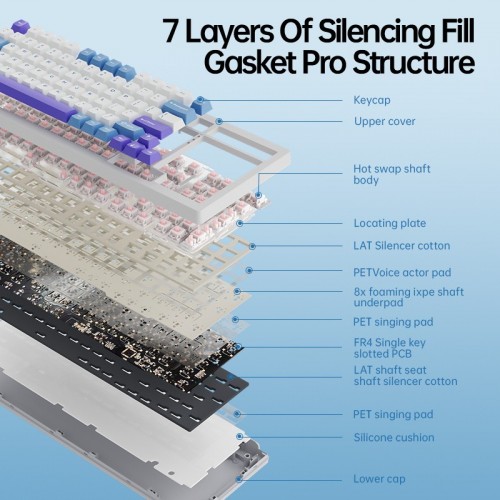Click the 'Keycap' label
[372, 100]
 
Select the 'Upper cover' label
[385, 121]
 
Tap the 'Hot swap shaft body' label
[392, 174]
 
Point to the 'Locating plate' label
[390, 223]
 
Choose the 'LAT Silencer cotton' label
[402, 246]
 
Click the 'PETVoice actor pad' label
[402, 273]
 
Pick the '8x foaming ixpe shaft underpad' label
[409, 297]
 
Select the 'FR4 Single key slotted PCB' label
[389, 348]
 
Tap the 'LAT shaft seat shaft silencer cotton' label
[405, 376]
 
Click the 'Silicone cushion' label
[394, 437]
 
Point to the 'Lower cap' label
[379, 479]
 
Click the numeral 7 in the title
[171, 31]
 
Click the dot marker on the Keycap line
[200, 99]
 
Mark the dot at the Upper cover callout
[219, 121]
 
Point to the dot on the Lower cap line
[239, 480]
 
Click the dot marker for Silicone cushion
[239, 436]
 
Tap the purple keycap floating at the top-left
[21, 26]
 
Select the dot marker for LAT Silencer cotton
[252, 246]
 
